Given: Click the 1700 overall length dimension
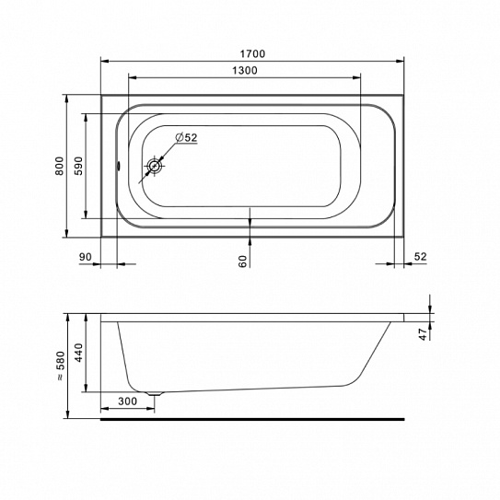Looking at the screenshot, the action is tap(252, 53).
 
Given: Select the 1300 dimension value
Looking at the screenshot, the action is tap(245, 70).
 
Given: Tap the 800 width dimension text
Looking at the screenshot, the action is tap(60, 166).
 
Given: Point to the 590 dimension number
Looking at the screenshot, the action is tap(78, 166).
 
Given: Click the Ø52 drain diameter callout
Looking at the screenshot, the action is tap(186, 137).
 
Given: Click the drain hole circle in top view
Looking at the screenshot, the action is tap(155, 166).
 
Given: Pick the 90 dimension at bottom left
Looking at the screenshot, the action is tap(85, 257).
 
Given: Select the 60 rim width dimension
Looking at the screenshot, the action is tap(243, 262).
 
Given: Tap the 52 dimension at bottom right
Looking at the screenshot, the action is tap(420, 257).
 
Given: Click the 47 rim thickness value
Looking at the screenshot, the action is tap(423, 334).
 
